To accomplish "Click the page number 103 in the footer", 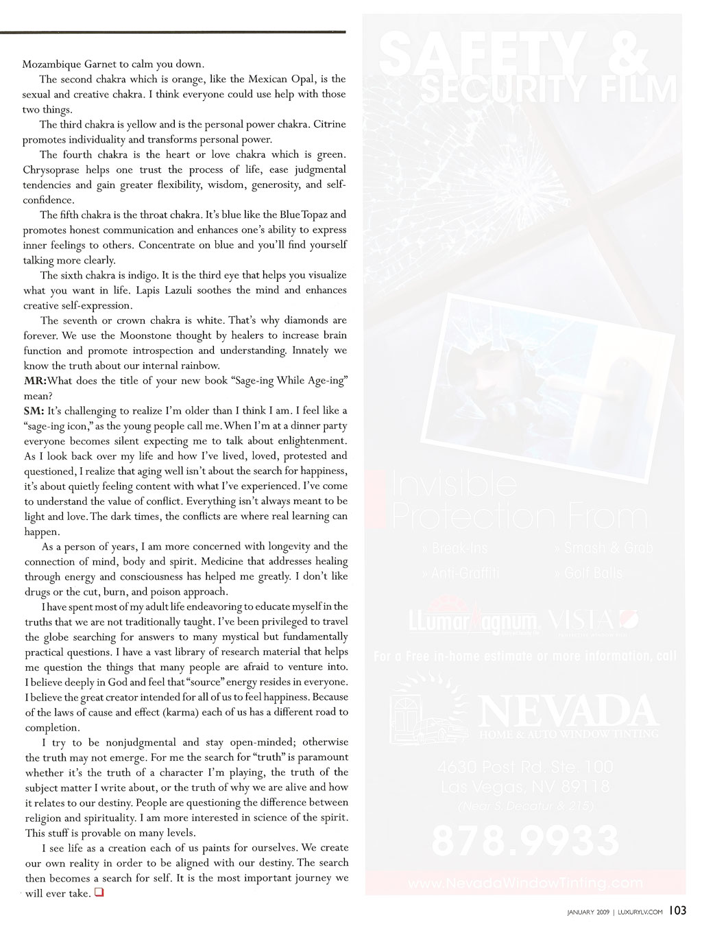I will tap(677, 911).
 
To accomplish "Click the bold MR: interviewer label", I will tap(35, 381).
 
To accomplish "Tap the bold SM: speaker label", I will tap(34, 411).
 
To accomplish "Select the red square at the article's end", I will tap(99, 892).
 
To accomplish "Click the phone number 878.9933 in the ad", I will tap(525, 840).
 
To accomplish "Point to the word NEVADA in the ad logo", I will tap(568, 711).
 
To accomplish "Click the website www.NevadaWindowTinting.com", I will tap(525, 883).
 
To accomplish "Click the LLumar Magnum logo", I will tap(473, 618).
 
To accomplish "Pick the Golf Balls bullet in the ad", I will tap(590, 573).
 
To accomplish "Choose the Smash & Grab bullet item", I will tap(603, 548).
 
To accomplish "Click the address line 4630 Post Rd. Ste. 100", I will tap(525, 767).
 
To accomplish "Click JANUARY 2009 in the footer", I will tap(588, 912).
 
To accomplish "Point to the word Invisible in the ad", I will tap(454, 484).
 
